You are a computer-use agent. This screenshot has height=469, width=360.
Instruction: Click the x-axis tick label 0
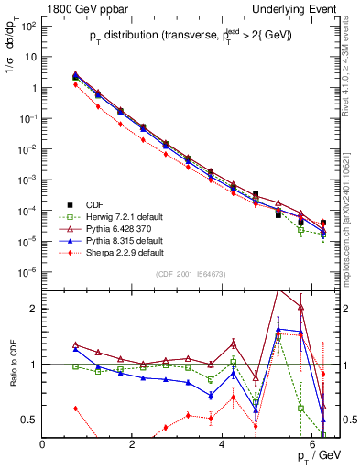pyautogui.click(x=43, y=444)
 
